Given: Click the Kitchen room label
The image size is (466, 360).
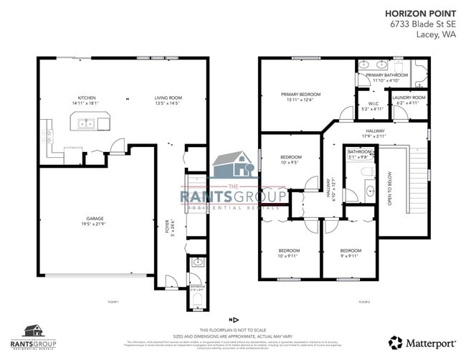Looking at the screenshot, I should [x=87, y=98].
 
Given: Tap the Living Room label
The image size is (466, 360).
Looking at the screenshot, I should [x=168, y=98].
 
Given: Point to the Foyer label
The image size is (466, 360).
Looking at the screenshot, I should [x=167, y=232].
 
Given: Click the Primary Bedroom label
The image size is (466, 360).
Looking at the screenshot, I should [x=300, y=94].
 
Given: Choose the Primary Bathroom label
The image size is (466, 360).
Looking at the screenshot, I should [x=387, y=75].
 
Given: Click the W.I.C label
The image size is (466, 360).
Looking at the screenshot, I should [x=374, y=103].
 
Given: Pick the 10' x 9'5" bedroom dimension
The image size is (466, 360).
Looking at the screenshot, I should [x=290, y=163].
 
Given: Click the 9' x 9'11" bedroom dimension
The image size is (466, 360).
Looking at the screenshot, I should [x=351, y=256].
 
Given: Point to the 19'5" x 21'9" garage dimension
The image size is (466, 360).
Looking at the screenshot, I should [x=95, y=224].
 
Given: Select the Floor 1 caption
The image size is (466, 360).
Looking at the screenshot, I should [x=113, y=302].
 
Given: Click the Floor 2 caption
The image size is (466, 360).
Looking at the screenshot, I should [x=364, y=302].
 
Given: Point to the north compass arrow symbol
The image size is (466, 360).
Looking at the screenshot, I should [x=232, y=319].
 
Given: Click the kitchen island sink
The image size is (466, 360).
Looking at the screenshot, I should [x=87, y=123].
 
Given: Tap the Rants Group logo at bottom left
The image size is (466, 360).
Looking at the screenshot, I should [x=34, y=333].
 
